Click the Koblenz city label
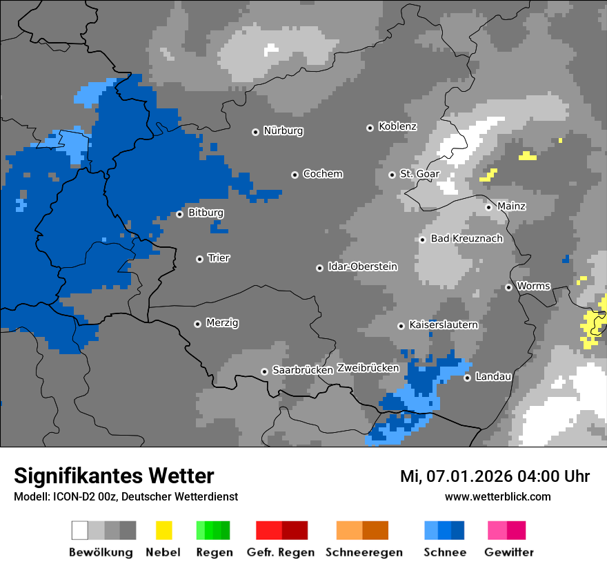tap(397, 127)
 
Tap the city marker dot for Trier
tap(199, 259)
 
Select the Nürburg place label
tap(283, 131)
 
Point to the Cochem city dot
tap(295, 175)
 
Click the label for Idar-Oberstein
tap(362, 267)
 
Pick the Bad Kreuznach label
tap(466, 239)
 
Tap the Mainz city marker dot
tap(488, 207)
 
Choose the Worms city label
tap(533, 286)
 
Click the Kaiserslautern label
tap(443, 325)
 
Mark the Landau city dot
tap(467, 378)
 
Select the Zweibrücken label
tap(368, 369)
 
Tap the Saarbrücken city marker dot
tap(264, 371)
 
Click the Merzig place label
tap(222, 323)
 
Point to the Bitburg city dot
tap(179, 214)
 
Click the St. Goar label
tap(419, 175)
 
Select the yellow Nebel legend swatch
tap(163, 530)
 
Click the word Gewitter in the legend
tap(508, 552)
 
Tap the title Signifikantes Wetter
tap(114, 476)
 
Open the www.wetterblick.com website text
tap(497, 497)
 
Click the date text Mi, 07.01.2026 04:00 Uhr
tap(495, 476)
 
